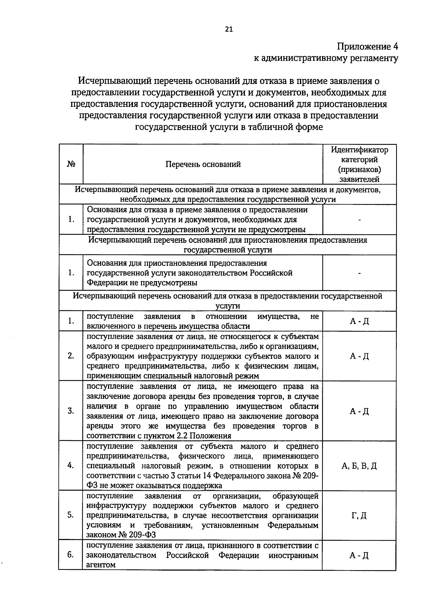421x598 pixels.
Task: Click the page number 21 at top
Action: (x=228, y=30)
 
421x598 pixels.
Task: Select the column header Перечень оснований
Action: (x=203, y=164)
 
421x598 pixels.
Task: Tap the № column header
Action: (x=71, y=164)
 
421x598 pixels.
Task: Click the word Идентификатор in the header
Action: (x=360, y=150)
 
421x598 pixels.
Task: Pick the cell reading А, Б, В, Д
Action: (x=359, y=466)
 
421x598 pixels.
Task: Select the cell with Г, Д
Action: (x=359, y=516)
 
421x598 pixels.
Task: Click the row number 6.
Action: (x=71, y=555)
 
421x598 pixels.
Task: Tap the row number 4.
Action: (x=71, y=466)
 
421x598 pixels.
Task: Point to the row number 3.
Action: (x=71, y=411)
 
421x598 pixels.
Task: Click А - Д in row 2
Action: (x=359, y=356)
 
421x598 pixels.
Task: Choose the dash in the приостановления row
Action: (x=360, y=273)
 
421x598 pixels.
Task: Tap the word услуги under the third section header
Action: (x=227, y=306)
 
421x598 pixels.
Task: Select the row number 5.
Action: (x=71, y=515)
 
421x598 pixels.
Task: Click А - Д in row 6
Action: (x=359, y=555)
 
